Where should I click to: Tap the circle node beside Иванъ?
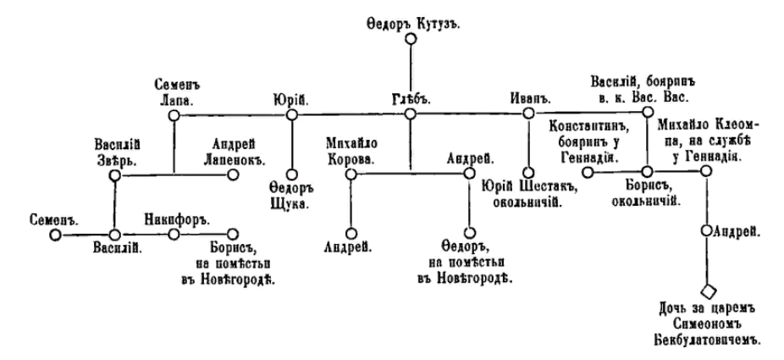pyautogui.click(x=528, y=113)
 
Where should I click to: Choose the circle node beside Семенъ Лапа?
pyautogui.click(x=174, y=113)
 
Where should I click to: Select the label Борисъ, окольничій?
pyautogui.click(x=648, y=191)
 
